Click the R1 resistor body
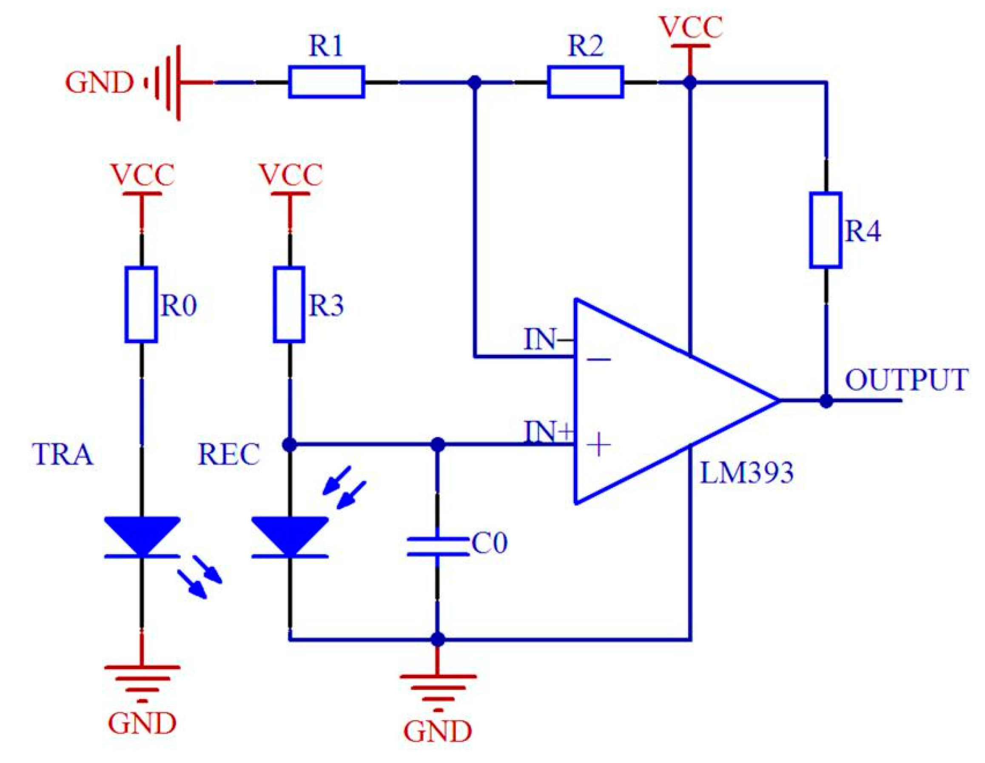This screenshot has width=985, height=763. [x=327, y=82]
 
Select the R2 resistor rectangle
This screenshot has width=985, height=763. [x=585, y=82]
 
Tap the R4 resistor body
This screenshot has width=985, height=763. [x=826, y=231]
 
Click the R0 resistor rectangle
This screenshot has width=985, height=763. [x=141, y=305]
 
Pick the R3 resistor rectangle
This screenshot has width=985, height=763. [x=289, y=305]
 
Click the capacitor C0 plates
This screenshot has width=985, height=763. [x=437, y=546]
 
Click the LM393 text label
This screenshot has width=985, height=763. [x=746, y=473]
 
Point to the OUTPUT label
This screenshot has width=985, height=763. [x=905, y=380]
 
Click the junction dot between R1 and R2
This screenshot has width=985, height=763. [x=475, y=83]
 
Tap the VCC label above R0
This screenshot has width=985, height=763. [x=142, y=175]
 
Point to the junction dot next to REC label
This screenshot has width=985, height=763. [x=290, y=445]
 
